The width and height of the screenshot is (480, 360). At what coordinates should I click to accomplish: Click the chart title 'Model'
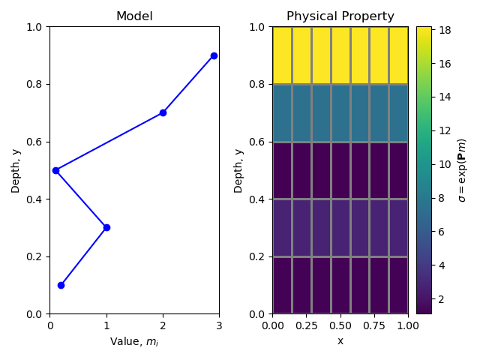[x=134, y=16]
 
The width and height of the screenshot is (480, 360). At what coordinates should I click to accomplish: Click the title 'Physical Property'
[x=340, y=16]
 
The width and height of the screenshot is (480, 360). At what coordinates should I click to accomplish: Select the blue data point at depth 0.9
[x=214, y=55]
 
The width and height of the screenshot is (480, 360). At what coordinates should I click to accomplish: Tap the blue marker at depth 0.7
[x=163, y=112]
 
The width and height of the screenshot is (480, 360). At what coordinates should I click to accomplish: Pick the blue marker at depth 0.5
[x=55, y=170]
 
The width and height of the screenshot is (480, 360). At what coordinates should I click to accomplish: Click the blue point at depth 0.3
[x=106, y=227]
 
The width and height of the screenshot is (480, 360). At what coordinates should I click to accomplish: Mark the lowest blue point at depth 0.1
[x=61, y=285]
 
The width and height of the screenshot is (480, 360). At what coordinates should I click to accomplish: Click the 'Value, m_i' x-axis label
[x=134, y=342]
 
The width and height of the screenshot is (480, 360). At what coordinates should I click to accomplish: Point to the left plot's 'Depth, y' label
[x=15, y=170]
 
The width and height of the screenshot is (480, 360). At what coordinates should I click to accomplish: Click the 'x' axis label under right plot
[x=340, y=341]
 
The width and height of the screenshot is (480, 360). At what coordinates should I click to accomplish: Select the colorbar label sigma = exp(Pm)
[x=462, y=170]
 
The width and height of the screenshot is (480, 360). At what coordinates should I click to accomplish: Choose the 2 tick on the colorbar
[x=440, y=298]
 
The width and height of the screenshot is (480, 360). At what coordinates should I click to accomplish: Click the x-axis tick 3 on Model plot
[x=219, y=325]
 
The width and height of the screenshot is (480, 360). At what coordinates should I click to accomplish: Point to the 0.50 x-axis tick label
[x=340, y=325]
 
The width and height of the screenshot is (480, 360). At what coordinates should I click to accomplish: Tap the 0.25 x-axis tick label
[x=306, y=325]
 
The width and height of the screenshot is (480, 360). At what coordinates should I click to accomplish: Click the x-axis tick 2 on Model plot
[x=163, y=325]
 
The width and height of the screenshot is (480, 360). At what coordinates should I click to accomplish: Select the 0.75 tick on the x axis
[x=373, y=325]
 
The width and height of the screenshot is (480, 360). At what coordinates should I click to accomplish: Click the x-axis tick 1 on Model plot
[x=106, y=325]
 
